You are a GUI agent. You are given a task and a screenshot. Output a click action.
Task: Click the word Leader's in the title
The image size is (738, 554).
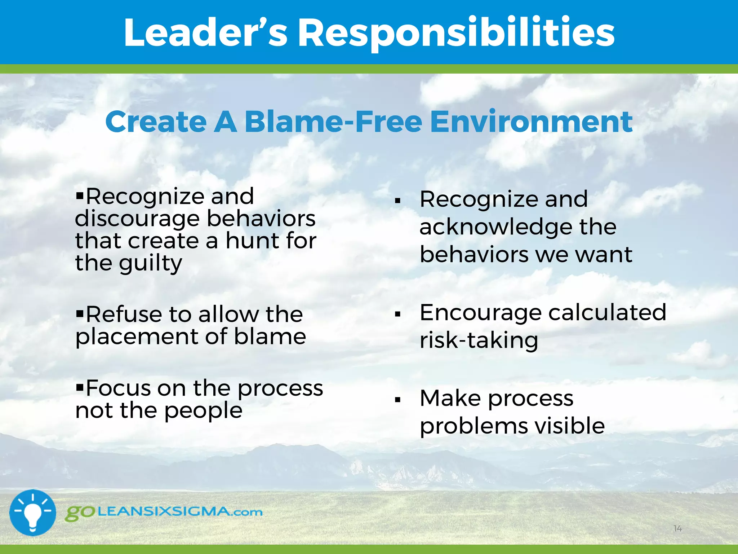(x=205, y=33)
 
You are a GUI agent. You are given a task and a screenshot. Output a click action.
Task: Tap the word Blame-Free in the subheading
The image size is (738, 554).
(x=333, y=122)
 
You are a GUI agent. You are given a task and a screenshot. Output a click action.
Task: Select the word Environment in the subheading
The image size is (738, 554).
(x=531, y=122)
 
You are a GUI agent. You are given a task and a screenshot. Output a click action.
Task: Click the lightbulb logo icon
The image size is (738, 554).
(x=32, y=513)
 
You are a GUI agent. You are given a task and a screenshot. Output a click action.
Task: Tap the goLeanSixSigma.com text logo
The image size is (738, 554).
(x=164, y=512)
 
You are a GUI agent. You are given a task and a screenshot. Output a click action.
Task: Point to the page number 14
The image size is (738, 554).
(x=677, y=529)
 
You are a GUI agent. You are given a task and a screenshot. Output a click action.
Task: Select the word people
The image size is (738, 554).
(x=203, y=411)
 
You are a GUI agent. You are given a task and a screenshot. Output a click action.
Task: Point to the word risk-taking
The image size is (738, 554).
(x=479, y=340)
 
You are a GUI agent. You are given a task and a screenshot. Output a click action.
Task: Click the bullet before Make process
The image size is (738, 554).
(x=397, y=400)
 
